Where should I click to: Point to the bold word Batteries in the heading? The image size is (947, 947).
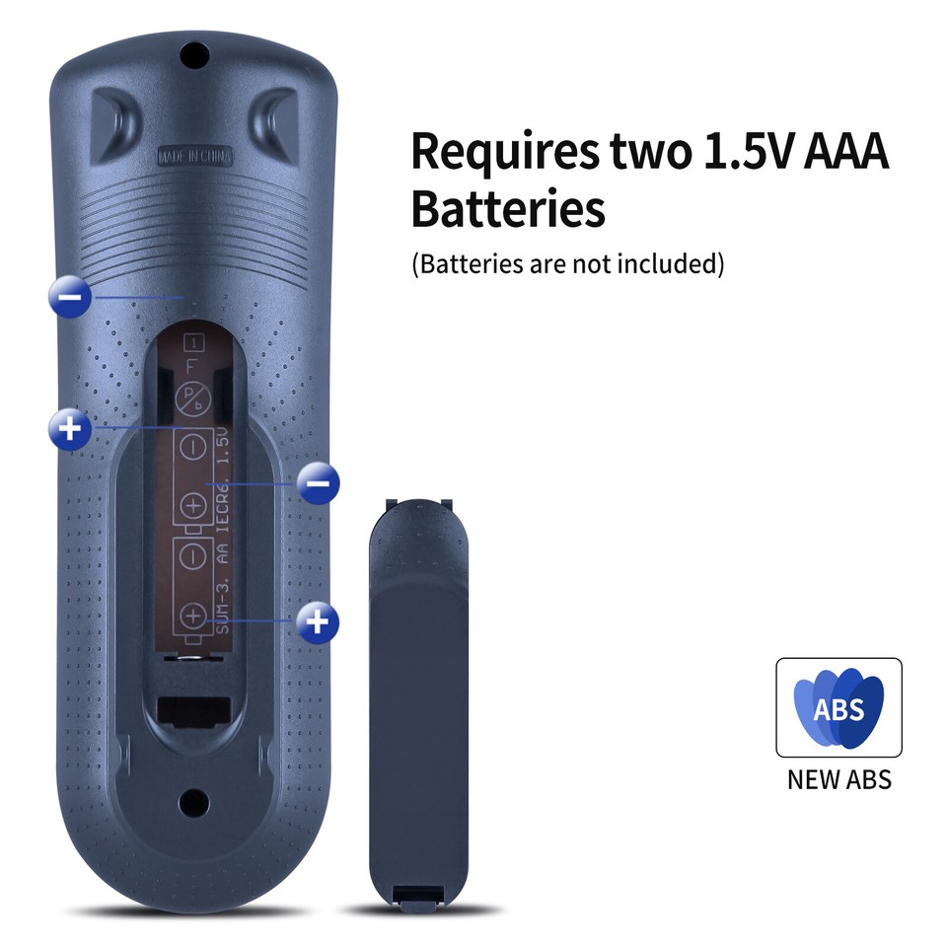pyautogui.click(x=507, y=209)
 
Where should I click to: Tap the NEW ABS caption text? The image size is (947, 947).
pyautogui.click(x=838, y=779)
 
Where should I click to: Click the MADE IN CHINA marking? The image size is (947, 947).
pyautogui.click(x=194, y=157)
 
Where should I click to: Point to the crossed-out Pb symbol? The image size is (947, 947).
pyautogui.click(x=190, y=400)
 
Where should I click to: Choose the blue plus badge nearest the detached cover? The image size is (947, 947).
pyautogui.click(x=318, y=620)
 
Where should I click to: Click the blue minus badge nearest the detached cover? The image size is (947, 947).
pyautogui.click(x=318, y=483)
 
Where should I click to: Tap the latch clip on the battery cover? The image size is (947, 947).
pyautogui.click(x=417, y=893)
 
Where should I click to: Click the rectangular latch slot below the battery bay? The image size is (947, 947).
pyautogui.click(x=195, y=709)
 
